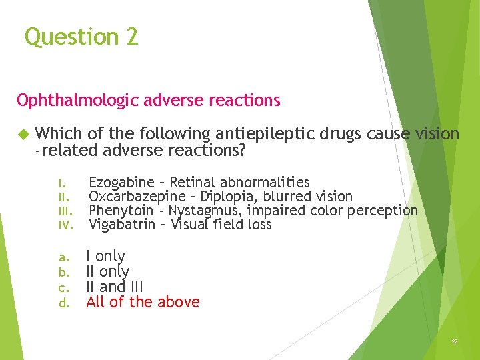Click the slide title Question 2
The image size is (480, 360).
coord(81,36)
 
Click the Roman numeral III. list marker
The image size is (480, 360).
coord(64,211)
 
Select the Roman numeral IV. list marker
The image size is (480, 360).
coord(64,225)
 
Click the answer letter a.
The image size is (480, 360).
coord(63,257)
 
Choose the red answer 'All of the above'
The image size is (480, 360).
coord(143,302)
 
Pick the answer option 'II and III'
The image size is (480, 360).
coord(115,287)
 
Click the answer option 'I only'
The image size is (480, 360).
coord(105,256)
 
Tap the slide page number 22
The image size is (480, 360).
coord(455,341)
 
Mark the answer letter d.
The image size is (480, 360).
coord(63,303)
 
